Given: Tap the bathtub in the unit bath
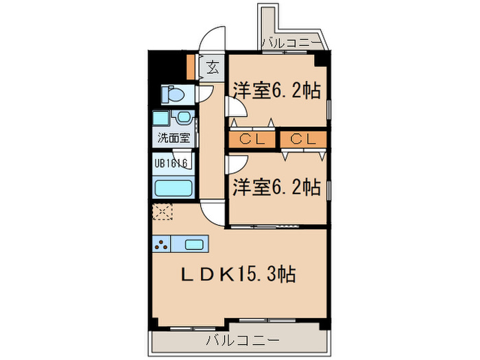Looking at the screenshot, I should click(174, 188).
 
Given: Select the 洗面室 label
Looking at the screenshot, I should click(174, 137).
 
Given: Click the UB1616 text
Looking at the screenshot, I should click(171, 163).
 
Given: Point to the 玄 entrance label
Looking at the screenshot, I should click(213, 67).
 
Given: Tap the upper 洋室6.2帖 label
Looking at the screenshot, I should click(278, 90).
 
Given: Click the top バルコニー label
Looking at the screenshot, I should click(291, 43).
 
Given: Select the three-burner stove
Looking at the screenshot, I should click(163, 244).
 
